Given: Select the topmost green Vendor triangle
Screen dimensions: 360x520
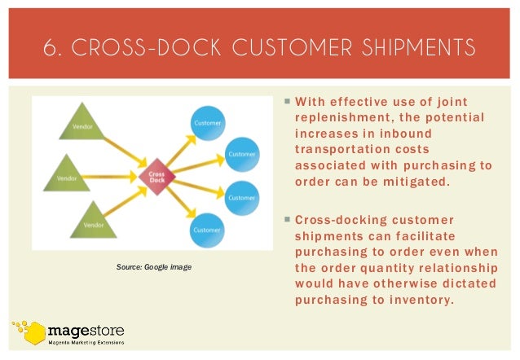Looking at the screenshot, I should (80, 125).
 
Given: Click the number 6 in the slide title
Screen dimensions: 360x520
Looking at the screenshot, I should (51, 46).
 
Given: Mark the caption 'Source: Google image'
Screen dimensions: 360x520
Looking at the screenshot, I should (153, 266).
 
